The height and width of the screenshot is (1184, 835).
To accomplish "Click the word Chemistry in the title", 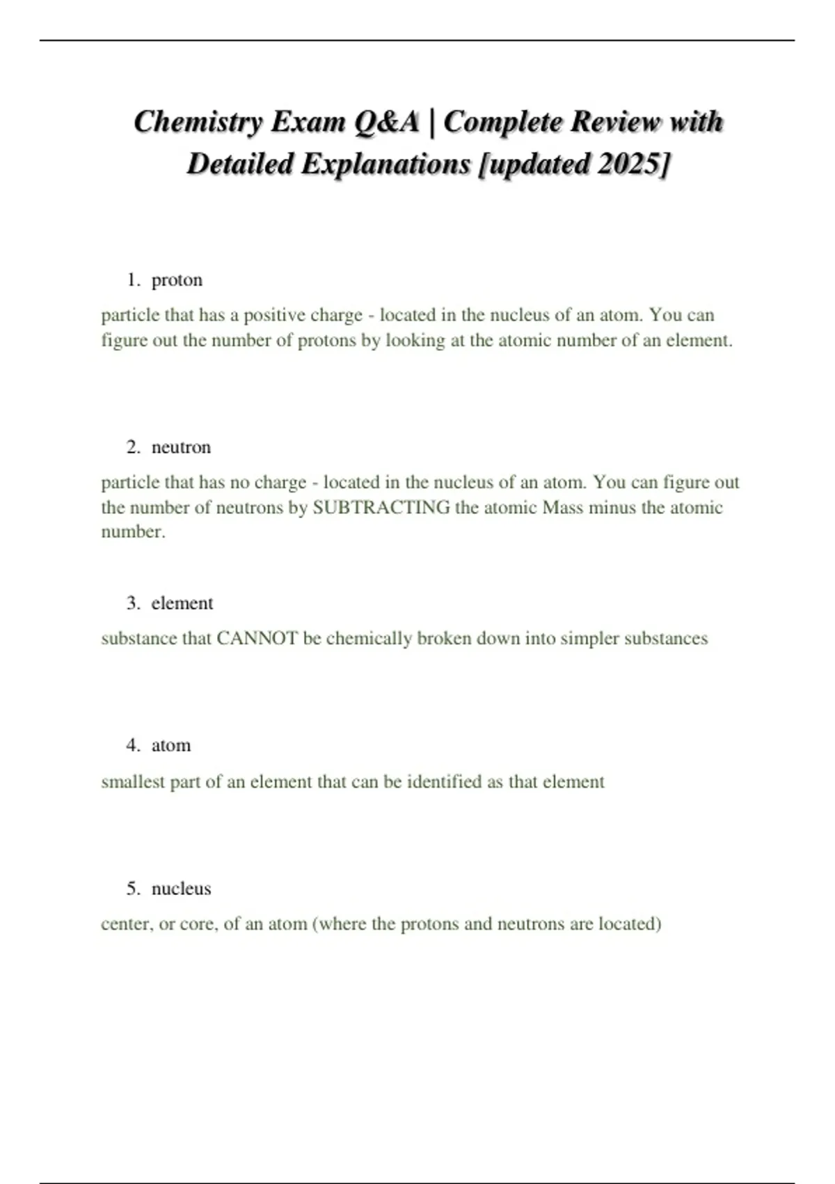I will click(198, 123).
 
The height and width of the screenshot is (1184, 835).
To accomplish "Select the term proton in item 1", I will click(177, 280).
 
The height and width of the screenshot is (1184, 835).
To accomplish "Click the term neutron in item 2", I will click(181, 447).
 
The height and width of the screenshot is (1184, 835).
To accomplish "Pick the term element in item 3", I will click(182, 603).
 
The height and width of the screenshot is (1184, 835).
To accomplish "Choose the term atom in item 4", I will click(170, 745).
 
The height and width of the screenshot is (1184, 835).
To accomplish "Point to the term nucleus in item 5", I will click(181, 889).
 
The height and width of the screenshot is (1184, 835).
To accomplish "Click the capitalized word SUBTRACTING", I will click(381, 507).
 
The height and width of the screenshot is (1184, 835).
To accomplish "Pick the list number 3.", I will click(133, 603).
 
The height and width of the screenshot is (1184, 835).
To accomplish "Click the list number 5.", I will click(133, 889).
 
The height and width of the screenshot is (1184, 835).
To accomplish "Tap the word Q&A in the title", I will click(387, 123).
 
